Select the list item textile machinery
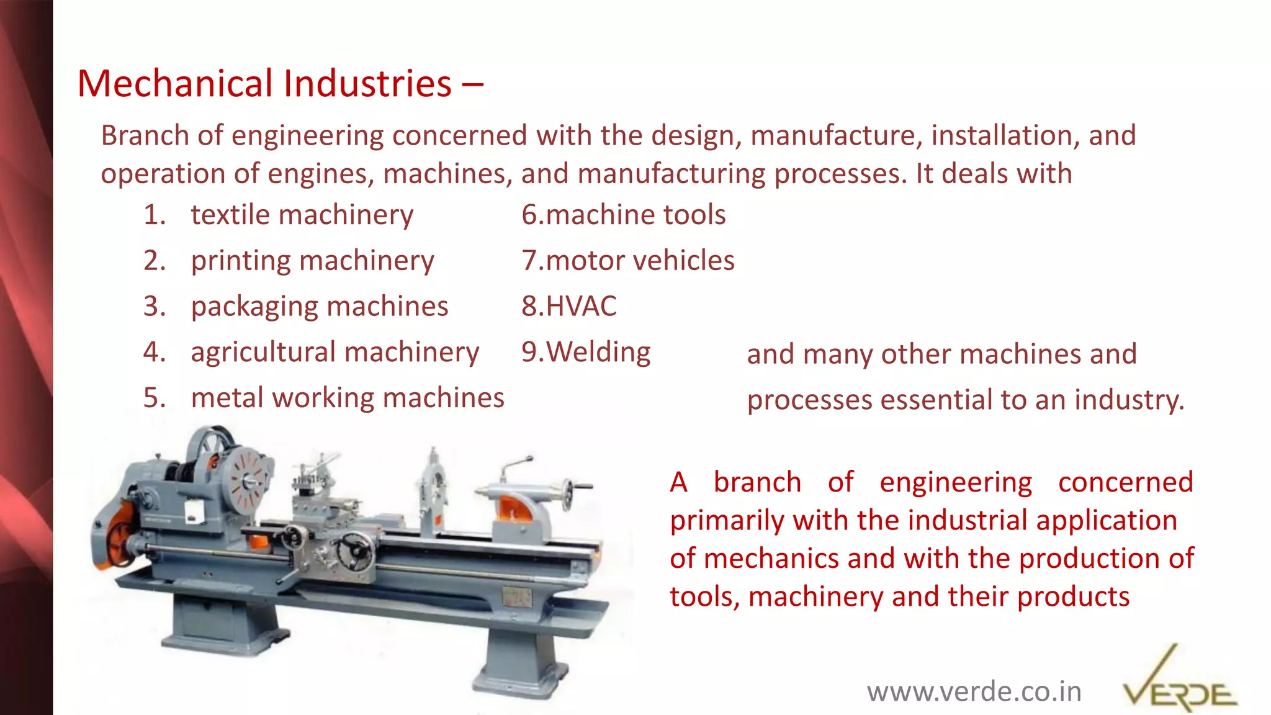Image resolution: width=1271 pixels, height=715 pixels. pyautogui.click(x=302, y=215)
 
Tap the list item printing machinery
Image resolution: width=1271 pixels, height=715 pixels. pyautogui.click(x=312, y=261)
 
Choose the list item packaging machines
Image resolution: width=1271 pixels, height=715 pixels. pyautogui.click(x=319, y=307)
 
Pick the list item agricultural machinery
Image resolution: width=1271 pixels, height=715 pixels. pyautogui.click(x=335, y=352)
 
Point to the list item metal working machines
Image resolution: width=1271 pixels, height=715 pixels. pyautogui.click(x=348, y=398)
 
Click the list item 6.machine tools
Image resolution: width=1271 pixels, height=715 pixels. pyautogui.click(x=623, y=215)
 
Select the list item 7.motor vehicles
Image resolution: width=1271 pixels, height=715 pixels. pyautogui.click(x=627, y=261)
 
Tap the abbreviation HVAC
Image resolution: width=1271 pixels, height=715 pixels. pyautogui.click(x=581, y=307)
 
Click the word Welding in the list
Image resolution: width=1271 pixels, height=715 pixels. pyautogui.click(x=598, y=352)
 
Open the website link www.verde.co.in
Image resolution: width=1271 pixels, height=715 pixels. pyautogui.click(x=974, y=691)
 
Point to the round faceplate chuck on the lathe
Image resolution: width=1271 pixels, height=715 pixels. pyautogui.click(x=248, y=480)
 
